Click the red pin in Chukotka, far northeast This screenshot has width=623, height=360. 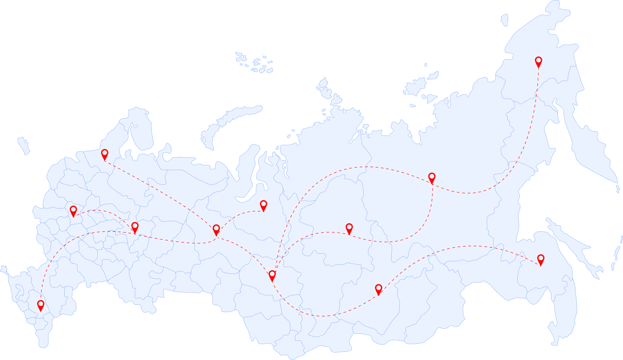[x=539, y=62]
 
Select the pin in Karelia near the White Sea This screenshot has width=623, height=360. [x=105, y=154]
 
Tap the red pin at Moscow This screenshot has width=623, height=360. [x=73, y=210]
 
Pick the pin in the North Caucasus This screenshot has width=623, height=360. [x=41, y=305]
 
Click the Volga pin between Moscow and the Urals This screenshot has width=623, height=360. [x=135, y=227]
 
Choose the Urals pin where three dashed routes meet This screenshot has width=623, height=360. [x=216, y=229]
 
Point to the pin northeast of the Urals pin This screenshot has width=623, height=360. [x=264, y=205]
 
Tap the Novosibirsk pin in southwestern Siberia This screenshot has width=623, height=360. [x=272, y=275]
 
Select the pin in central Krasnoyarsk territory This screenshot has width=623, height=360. [x=349, y=228]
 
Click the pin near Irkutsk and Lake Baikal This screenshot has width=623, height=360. [x=378, y=289]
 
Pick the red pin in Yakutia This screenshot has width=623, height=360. [x=432, y=177]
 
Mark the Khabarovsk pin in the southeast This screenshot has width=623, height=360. [x=541, y=259]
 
